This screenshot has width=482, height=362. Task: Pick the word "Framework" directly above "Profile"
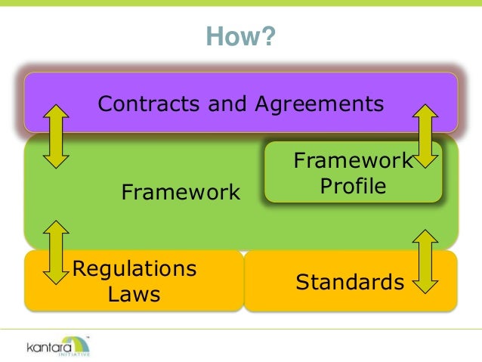[x=353, y=161]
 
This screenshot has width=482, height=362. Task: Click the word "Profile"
[x=353, y=186]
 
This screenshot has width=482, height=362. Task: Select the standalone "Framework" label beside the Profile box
[x=181, y=193]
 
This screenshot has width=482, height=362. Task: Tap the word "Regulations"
[x=134, y=268]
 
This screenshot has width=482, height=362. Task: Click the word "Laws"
[x=134, y=294]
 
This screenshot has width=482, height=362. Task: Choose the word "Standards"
[x=350, y=283]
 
